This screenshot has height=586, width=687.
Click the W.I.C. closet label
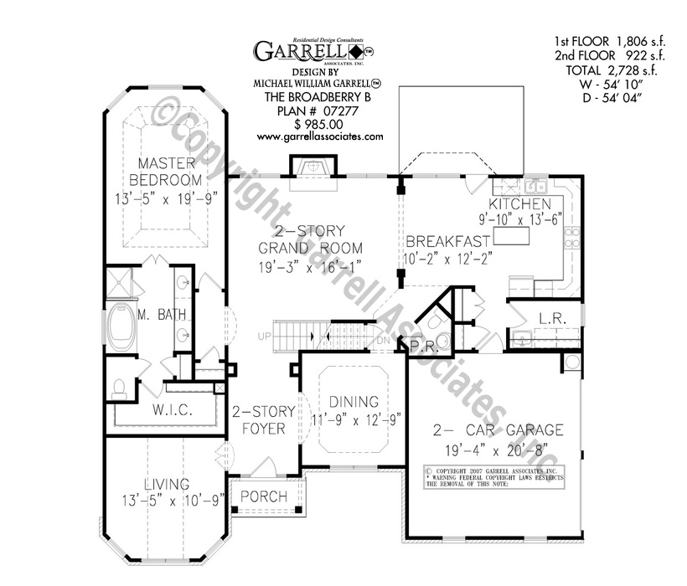[173, 410]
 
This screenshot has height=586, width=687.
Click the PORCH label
[264, 497]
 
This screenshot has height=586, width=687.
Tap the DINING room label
[354, 402]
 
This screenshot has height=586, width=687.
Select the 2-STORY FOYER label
[259, 419]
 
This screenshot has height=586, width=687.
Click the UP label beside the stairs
[265, 337]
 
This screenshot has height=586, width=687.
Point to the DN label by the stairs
[381, 341]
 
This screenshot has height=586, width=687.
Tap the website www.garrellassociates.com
[319, 136]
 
